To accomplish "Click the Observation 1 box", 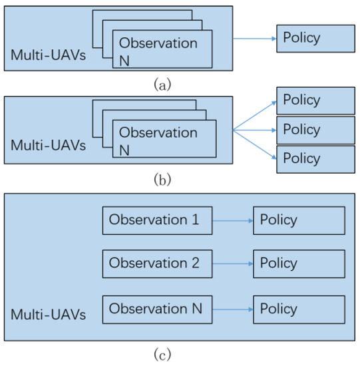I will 157,220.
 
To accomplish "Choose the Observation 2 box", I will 157,264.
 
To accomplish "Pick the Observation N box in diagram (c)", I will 157,309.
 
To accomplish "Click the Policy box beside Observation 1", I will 299,220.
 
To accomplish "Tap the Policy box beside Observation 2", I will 299,264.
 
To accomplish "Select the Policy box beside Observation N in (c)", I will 299,309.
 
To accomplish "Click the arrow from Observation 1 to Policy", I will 232,220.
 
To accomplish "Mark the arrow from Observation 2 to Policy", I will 232,264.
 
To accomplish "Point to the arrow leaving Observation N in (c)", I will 232,309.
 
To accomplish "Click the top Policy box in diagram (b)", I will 315,101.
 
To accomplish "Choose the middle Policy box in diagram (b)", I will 315,129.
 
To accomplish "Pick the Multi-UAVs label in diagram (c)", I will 48,314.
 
